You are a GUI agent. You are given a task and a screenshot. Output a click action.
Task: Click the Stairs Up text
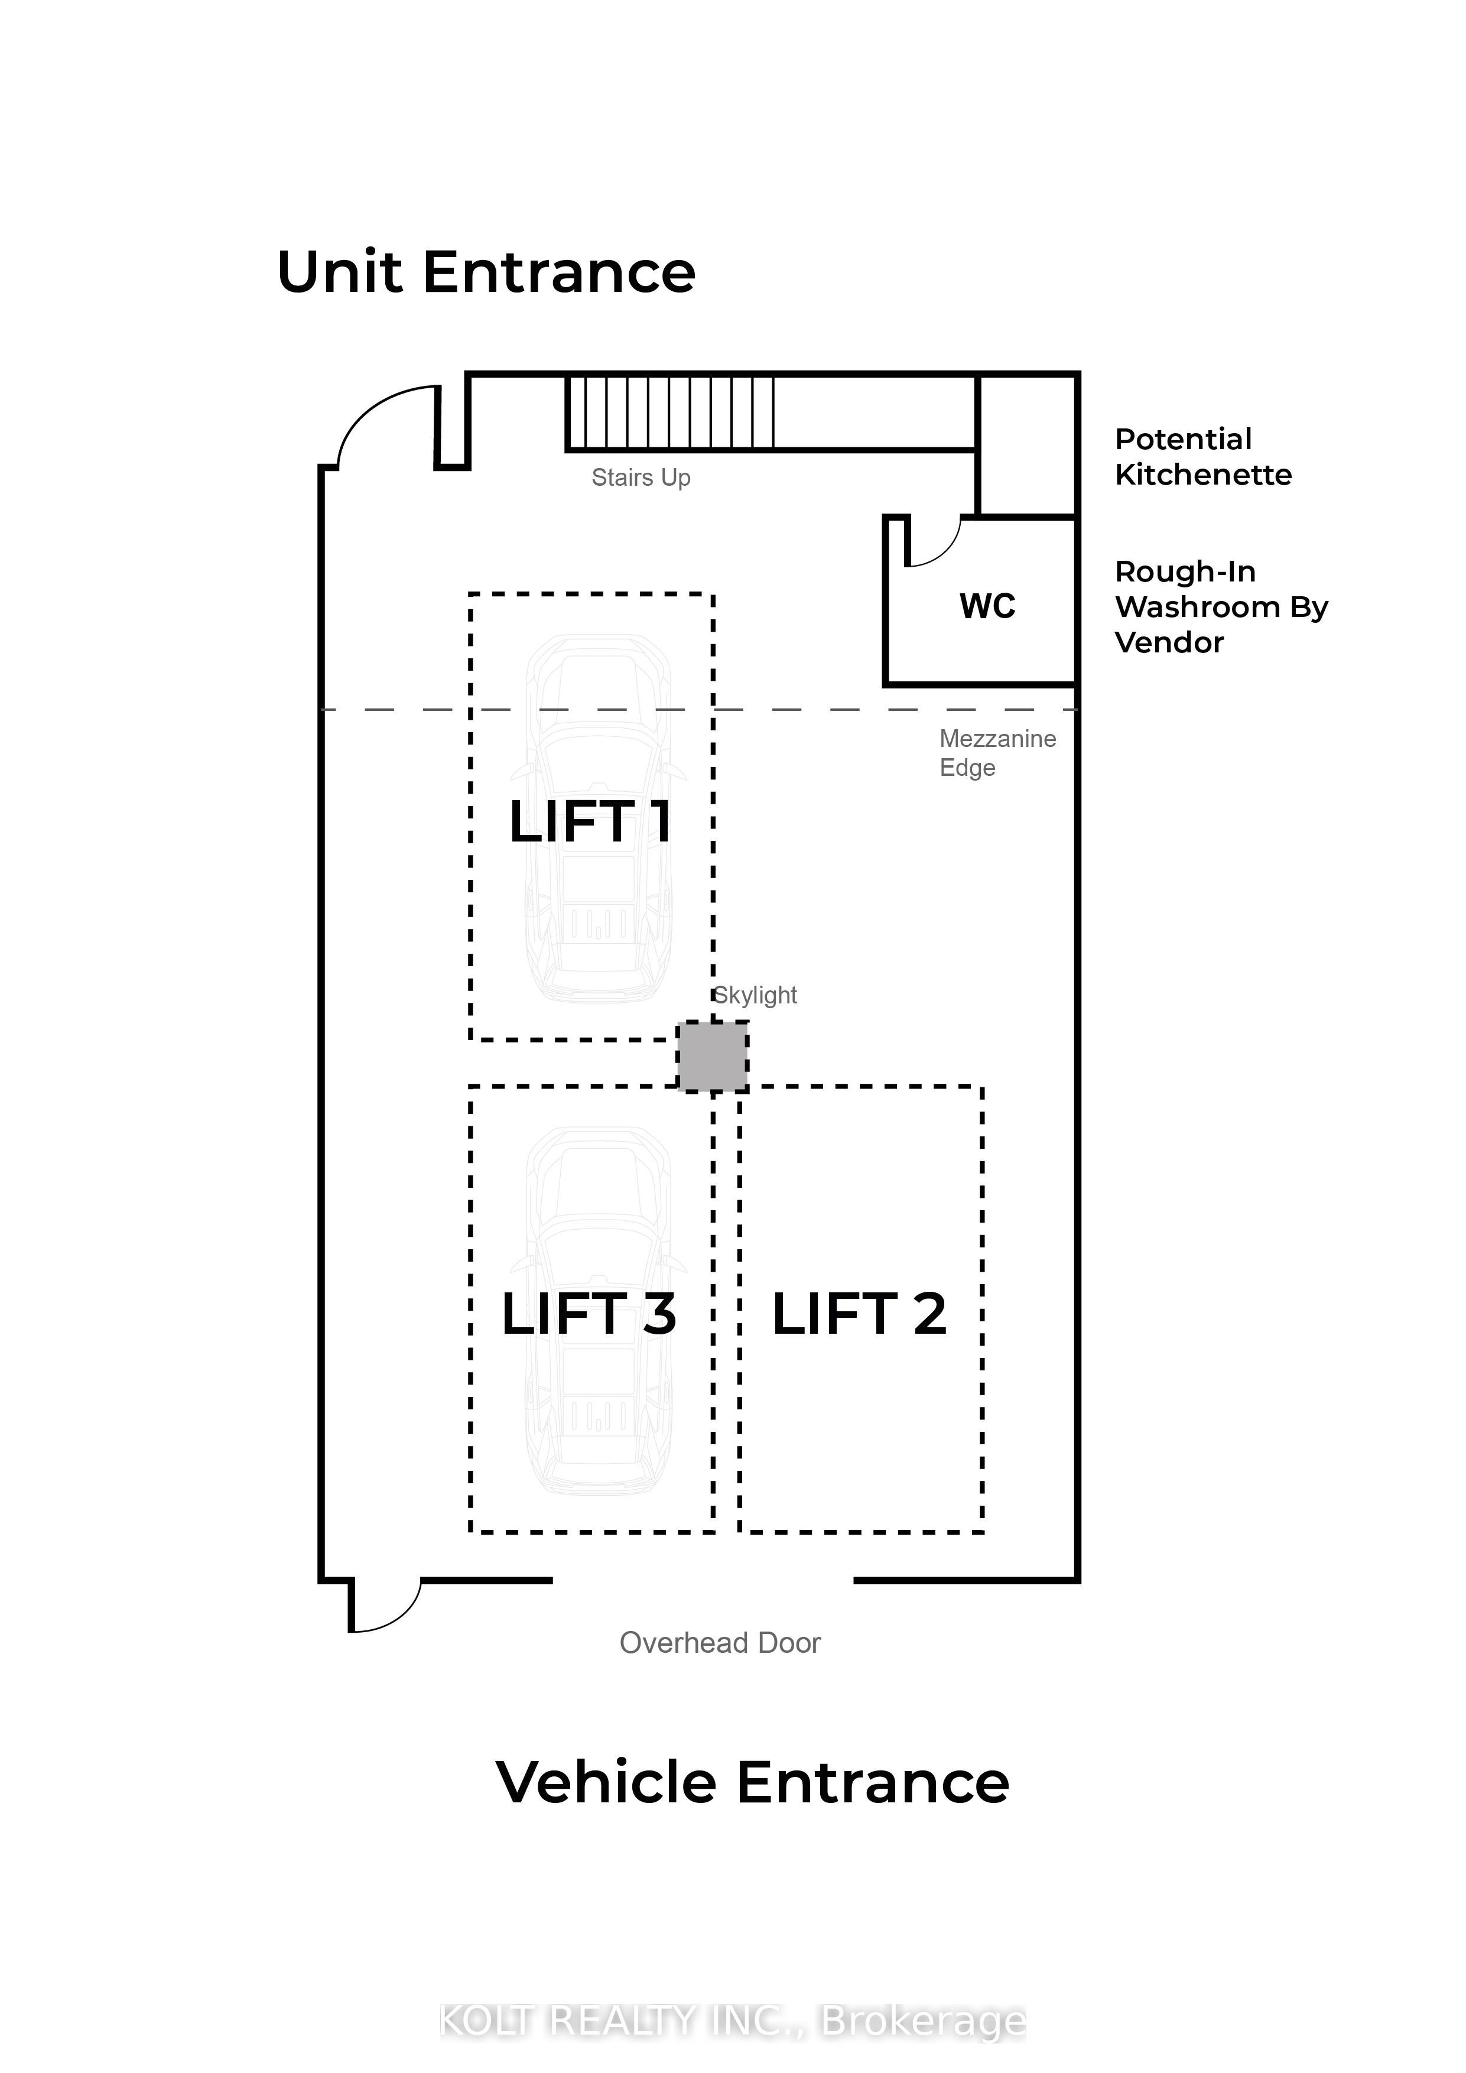(x=641, y=477)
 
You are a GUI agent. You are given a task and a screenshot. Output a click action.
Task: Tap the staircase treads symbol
(x=671, y=412)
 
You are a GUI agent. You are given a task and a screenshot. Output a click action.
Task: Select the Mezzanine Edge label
(x=997, y=753)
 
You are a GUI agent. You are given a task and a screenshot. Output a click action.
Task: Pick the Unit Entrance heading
(x=486, y=272)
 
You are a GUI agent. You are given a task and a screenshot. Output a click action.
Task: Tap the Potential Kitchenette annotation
(x=1203, y=457)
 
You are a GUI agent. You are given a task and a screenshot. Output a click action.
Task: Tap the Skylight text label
(x=756, y=995)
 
